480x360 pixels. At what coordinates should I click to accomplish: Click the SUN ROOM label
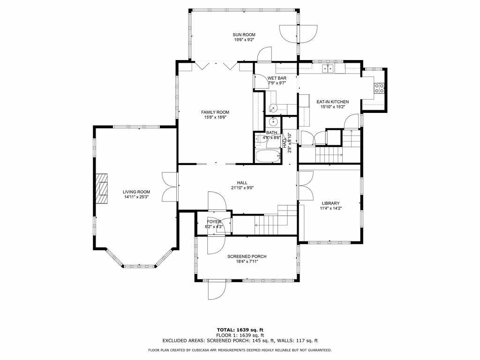244,35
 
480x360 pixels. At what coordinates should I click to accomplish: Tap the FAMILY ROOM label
215,112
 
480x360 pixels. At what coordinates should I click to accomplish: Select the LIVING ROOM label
136,192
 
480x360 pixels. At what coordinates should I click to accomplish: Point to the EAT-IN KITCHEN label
332,102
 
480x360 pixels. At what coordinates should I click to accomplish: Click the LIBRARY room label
330,203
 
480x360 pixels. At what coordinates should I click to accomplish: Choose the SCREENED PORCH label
247,256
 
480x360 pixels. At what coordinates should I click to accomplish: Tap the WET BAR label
277,78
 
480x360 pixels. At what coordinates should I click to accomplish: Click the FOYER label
214,222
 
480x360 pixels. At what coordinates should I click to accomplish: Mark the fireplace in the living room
102,188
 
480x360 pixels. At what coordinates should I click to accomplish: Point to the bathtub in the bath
268,156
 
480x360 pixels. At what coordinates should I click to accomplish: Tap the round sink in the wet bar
273,108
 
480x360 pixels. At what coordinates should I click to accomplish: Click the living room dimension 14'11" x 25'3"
137,197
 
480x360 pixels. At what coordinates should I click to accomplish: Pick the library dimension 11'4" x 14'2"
330,209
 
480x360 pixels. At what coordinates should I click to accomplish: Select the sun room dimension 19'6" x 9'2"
244,40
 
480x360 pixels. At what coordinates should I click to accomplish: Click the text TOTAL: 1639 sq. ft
240,330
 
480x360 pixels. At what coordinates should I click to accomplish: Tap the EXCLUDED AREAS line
240,340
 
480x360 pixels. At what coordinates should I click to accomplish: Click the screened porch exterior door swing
217,290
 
